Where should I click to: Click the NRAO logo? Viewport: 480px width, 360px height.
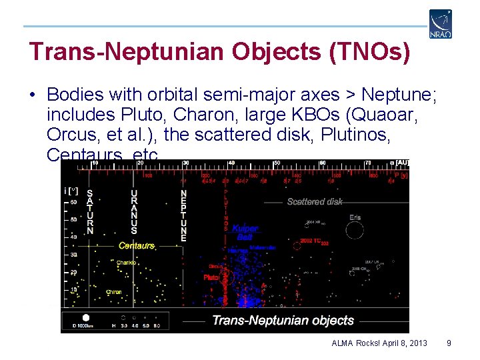point(441,23)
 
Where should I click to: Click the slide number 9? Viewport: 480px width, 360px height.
point(449,343)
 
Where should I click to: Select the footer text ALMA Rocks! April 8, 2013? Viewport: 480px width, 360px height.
point(379,343)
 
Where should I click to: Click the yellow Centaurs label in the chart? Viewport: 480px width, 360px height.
point(137,246)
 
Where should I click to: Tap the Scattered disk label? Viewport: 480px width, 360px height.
point(315,201)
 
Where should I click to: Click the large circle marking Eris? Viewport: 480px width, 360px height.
point(355,230)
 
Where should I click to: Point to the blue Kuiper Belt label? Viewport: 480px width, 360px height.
point(245,233)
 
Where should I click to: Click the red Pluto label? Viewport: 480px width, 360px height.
point(211,277)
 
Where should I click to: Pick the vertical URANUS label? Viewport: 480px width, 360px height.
point(134,208)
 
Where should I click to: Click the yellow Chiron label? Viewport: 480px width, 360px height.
point(113,293)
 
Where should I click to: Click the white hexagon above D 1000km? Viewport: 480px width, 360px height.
point(86,317)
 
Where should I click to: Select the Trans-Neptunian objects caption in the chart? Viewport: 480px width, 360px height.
point(283,321)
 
